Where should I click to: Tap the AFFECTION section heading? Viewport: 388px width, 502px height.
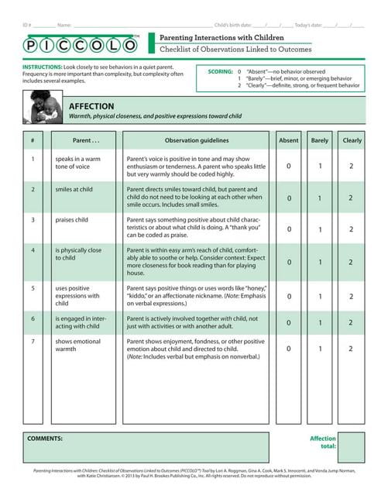point(91,105)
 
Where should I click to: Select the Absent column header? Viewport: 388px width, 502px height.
point(288,141)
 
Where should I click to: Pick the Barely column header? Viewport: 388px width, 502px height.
point(320,141)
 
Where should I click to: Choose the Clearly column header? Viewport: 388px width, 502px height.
point(352,141)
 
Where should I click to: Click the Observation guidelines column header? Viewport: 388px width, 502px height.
point(197,141)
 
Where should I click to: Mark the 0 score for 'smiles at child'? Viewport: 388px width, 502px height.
point(288,198)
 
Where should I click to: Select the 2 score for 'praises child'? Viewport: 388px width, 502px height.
point(352,229)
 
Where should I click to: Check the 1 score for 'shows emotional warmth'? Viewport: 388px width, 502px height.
point(320,349)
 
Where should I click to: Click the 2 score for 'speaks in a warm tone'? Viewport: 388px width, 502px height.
point(352,166)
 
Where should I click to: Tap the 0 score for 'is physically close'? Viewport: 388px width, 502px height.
point(288,262)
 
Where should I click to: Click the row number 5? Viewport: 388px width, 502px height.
point(33,287)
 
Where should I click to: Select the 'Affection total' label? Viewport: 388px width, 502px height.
point(323,442)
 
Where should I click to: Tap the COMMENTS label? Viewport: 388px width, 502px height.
point(45,438)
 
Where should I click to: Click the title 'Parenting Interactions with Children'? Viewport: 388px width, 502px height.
point(210,37)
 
